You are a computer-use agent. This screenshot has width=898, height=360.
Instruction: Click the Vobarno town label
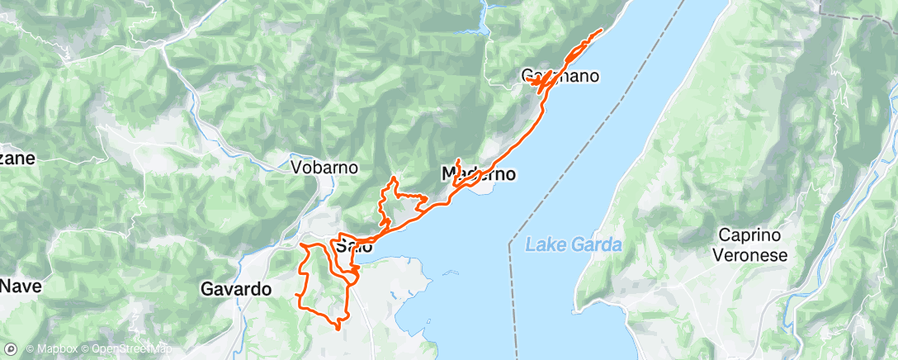coord(324,167)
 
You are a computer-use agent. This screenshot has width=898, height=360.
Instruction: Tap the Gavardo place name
coord(236,289)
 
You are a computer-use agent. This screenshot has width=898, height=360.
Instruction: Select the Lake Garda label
coord(574,245)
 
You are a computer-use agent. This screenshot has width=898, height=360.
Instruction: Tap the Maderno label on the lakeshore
coord(479,174)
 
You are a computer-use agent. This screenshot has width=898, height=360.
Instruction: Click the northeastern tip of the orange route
coord(601,31)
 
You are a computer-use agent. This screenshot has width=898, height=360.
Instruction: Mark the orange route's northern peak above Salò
coord(395,178)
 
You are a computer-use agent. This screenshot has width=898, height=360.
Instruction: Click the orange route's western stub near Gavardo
coord(295,295)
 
